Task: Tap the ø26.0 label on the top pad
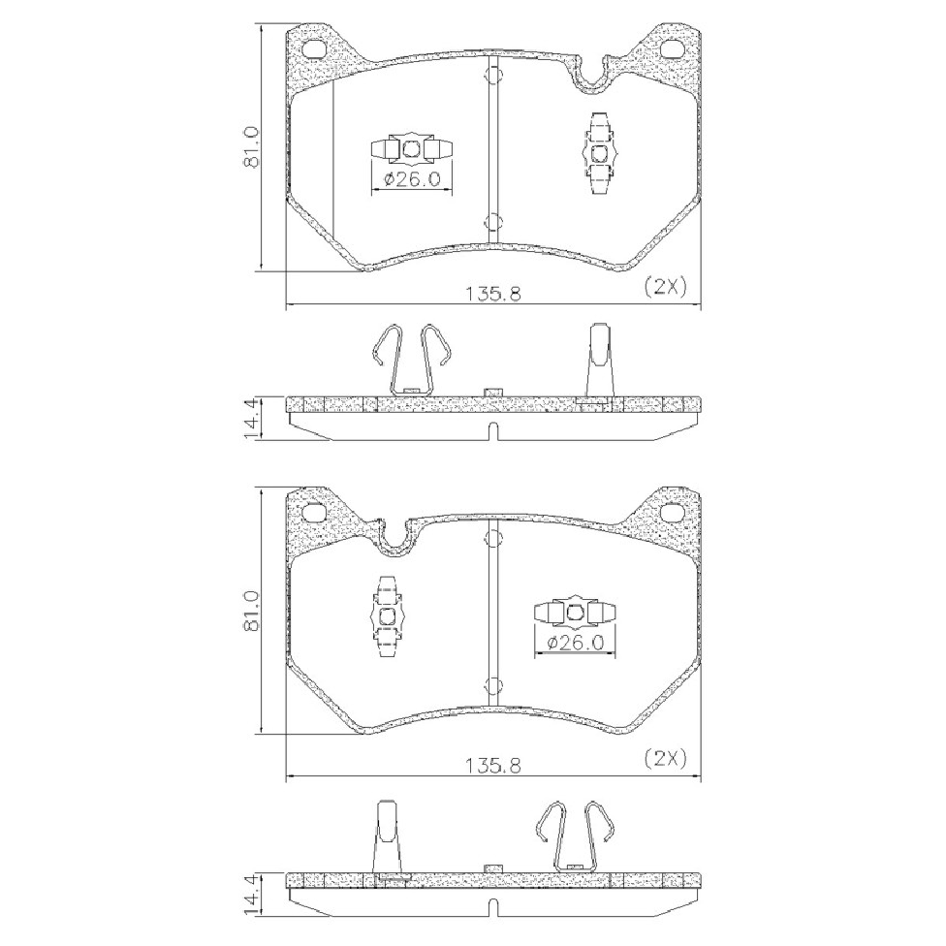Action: coord(411,179)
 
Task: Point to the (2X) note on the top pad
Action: coord(666,287)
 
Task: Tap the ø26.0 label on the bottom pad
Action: coord(575,644)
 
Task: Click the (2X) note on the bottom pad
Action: coord(666,758)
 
